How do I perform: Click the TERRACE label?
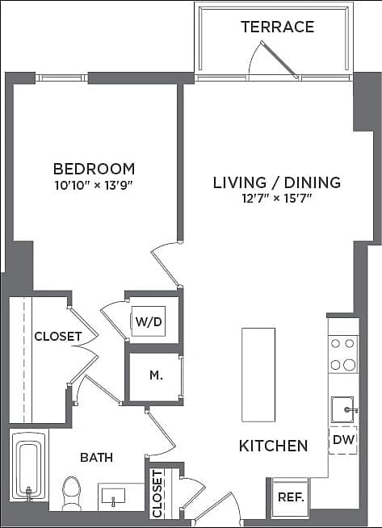click(277, 27)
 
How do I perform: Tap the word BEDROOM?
click(94, 169)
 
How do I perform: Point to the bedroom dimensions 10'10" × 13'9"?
click(94, 184)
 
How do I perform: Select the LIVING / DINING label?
click(276, 182)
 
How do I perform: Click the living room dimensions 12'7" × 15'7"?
click(276, 198)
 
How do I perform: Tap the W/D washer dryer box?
click(149, 321)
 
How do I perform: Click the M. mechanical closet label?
click(157, 376)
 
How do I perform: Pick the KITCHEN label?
click(273, 446)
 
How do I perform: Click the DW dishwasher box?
click(342, 440)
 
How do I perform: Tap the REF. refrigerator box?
click(290, 495)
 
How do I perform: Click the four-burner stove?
click(343, 354)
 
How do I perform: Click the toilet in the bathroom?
click(72, 491)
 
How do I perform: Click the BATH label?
click(96, 457)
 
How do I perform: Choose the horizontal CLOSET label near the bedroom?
click(57, 336)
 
